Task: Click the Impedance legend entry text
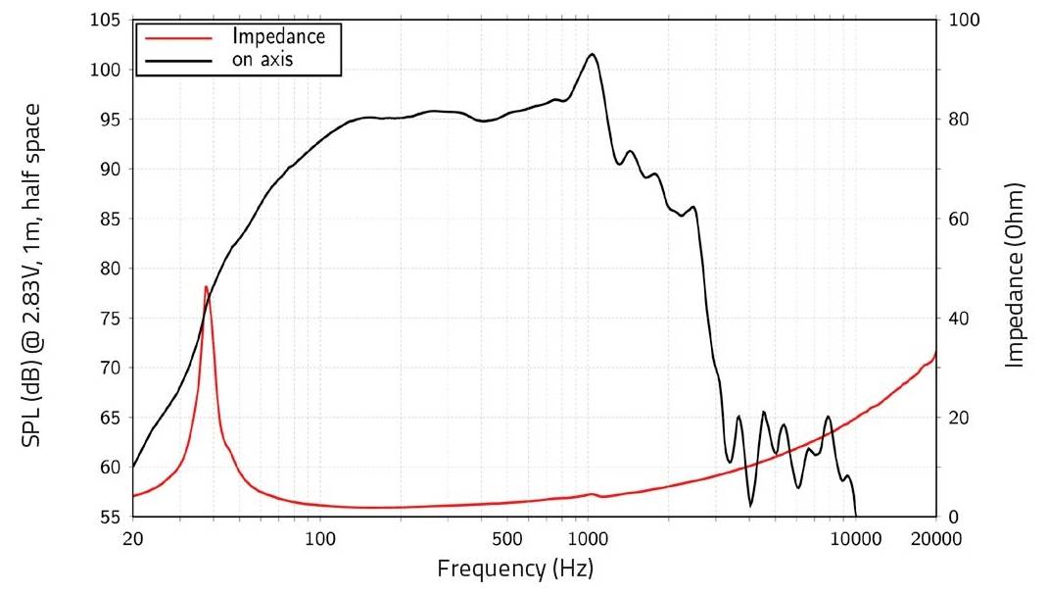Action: [278, 36]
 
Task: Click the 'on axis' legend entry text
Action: [263, 59]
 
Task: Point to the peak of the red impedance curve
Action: [206, 286]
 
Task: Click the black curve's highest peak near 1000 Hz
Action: [592, 54]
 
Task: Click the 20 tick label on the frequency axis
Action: [132, 537]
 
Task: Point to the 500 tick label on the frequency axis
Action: [506, 537]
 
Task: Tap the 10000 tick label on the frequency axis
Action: [856, 537]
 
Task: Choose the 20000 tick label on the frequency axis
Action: [936, 537]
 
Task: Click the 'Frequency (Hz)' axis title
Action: [515, 569]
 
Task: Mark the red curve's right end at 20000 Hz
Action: [936, 352]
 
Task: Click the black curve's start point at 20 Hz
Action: [133, 466]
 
